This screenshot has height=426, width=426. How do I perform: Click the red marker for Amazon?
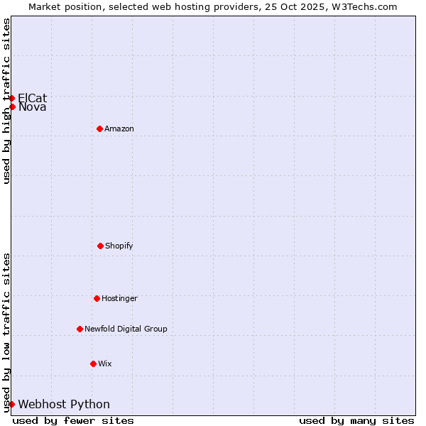click(x=99, y=129)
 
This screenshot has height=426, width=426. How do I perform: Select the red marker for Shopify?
click(x=100, y=246)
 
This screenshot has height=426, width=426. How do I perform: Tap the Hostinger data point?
click(x=97, y=298)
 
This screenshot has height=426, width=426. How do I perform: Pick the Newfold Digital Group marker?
click(x=80, y=329)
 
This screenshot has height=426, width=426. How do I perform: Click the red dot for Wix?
click(x=93, y=364)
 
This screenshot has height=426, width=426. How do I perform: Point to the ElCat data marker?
click(x=12, y=98)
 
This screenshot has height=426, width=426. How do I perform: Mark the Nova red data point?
click(x=12, y=107)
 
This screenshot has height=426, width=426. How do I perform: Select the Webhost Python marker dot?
click(x=12, y=404)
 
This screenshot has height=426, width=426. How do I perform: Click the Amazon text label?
click(x=119, y=129)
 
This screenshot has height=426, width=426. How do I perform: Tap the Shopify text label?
click(x=119, y=246)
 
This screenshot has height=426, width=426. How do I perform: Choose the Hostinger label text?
click(x=119, y=298)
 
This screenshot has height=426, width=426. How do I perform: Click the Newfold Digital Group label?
click(x=126, y=329)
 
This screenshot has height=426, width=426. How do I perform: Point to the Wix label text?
click(x=105, y=364)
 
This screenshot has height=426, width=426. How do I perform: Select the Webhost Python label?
click(x=64, y=404)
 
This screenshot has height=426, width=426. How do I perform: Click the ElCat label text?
click(x=33, y=98)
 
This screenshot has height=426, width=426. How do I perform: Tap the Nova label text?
click(x=33, y=107)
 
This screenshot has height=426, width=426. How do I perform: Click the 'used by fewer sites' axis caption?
click(x=73, y=420)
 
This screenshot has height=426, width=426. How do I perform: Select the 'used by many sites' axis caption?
click(x=356, y=420)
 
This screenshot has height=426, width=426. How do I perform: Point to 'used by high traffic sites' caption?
click(x=7, y=101)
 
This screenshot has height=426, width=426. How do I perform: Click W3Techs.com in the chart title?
click(x=363, y=6)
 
